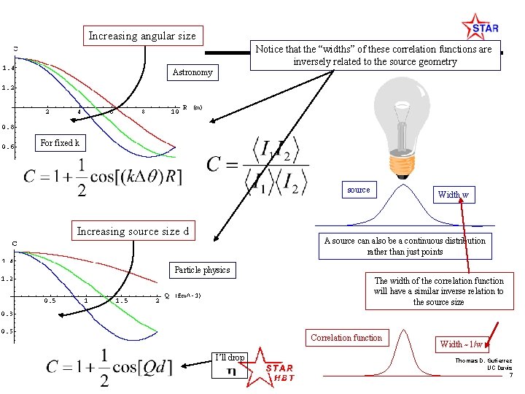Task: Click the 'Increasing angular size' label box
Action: (x=141, y=36)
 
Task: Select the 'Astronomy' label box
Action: (x=192, y=72)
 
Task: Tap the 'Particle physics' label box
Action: (x=202, y=270)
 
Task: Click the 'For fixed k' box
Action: (x=60, y=143)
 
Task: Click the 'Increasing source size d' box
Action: (x=133, y=232)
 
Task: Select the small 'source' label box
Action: (x=358, y=190)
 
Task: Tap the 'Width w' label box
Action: (x=453, y=195)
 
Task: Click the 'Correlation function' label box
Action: (x=346, y=338)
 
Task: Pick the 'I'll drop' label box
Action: (x=230, y=358)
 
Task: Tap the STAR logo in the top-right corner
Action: (x=481, y=27)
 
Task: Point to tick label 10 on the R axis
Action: (x=175, y=112)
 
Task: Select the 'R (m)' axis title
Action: (x=192, y=108)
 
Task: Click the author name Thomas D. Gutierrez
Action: (x=484, y=361)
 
